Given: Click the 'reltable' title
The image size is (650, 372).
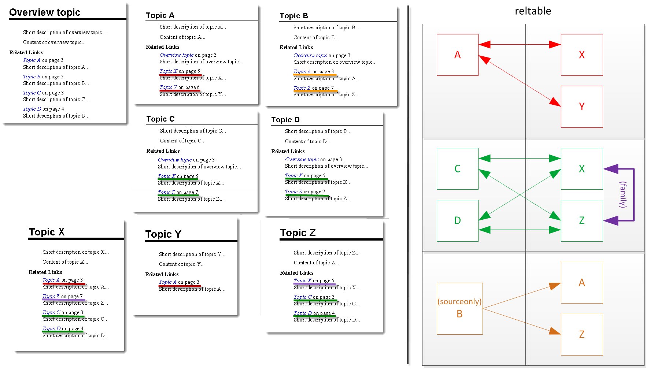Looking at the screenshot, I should pyautogui.click(x=533, y=11).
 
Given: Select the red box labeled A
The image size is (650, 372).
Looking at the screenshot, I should pyautogui.click(x=457, y=55).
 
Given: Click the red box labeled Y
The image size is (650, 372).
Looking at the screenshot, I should pyautogui.click(x=581, y=107).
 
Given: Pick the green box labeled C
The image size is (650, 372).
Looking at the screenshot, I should pyautogui.click(x=457, y=169).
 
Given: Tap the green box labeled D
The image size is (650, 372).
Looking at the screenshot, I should pyautogui.click(x=457, y=220).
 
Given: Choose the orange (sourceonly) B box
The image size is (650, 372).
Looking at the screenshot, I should pyautogui.click(x=459, y=308).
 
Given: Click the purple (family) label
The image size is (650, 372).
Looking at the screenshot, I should pyautogui.click(x=623, y=194).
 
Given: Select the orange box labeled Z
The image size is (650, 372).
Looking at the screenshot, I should pyautogui.click(x=581, y=334).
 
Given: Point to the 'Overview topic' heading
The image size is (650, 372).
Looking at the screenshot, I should pyautogui.click(x=45, y=12).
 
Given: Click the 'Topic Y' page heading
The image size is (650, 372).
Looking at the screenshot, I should pyautogui.click(x=163, y=234).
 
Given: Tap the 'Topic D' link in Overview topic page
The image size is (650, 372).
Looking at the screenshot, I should pyautogui.click(x=32, y=109).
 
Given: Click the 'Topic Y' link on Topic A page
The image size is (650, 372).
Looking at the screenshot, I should pyautogui.click(x=169, y=88).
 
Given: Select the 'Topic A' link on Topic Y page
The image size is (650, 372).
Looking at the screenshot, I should pyautogui.click(x=167, y=282).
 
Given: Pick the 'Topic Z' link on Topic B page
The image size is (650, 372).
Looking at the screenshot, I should pyautogui.click(x=302, y=88).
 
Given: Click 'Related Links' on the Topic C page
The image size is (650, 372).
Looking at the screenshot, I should pyautogui.click(x=163, y=151).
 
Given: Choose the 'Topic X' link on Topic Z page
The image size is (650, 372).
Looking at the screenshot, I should pyautogui.click(x=303, y=281).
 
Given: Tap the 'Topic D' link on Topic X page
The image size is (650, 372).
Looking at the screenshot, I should pyautogui.click(x=51, y=329).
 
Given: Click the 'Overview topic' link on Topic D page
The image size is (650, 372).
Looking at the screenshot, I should pyautogui.click(x=302, y=160).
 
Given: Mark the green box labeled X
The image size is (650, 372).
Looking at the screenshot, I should pyautogui.click(x=581, y=169).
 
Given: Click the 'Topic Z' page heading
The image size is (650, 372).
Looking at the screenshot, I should pyautogui.click(x=298, y=233).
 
